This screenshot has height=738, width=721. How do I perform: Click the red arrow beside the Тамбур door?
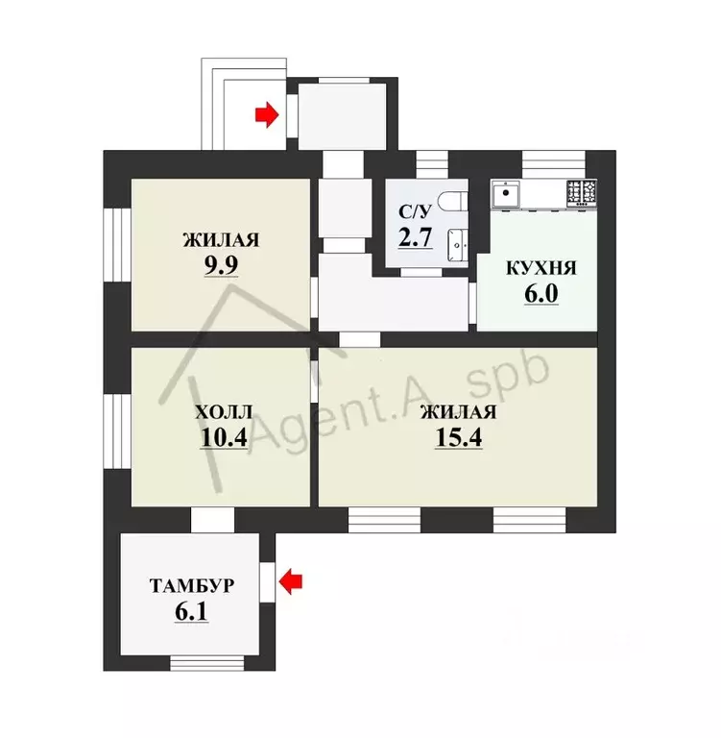point(291,581)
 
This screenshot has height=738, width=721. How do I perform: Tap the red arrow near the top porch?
point(267,114)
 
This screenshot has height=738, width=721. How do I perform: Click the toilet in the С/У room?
point(453,202)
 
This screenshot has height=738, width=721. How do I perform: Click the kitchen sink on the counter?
point(506,193)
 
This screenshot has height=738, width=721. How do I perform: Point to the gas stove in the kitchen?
point(582,193)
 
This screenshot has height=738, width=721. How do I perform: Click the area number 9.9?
point(221,266)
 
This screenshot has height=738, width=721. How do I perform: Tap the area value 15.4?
point(459,438)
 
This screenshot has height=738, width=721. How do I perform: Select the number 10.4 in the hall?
point(224,438)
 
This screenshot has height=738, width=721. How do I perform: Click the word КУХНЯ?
point(541,268)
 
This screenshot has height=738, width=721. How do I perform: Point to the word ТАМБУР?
point(192,586)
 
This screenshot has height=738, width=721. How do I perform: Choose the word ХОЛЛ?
point(224,412)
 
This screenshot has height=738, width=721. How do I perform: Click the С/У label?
point(415,211)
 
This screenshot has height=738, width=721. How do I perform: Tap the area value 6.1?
point(191,612)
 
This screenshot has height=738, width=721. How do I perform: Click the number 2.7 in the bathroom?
point(415,236)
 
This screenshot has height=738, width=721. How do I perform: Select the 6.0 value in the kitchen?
point(541,294)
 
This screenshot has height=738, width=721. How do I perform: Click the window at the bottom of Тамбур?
point(207,663)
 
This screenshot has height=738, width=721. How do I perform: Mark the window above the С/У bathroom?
point(432,164)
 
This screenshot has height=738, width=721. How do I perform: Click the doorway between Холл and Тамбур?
point(212,520)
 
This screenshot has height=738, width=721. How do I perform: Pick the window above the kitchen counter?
point(554,164)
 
